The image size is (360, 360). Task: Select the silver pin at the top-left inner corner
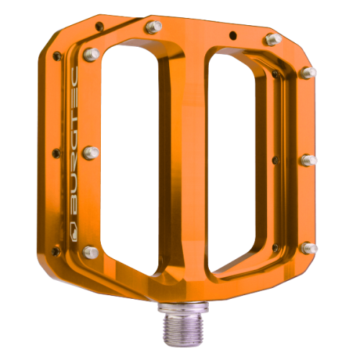pos(91,53)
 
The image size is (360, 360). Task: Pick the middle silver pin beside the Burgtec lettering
pos(91,152)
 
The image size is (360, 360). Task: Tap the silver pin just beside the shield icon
pos(91,251)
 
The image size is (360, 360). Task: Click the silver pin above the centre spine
pos(153,27)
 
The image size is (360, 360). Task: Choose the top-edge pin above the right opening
pos(273,39)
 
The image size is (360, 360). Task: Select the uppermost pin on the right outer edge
pos(309,72)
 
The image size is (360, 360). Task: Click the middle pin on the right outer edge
pos(307,160)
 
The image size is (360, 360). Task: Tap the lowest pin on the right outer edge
pos(309,248)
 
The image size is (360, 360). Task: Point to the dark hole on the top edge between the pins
pos(231,34)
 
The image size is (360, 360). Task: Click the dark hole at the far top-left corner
pos(57,55)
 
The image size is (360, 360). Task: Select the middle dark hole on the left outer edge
pos(55,152)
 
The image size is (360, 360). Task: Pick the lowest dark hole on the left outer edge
pos(55,250)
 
